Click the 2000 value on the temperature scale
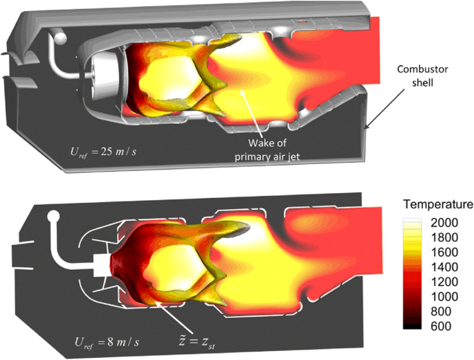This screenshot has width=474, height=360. point(444,223)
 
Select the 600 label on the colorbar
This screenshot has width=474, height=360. point(441,326)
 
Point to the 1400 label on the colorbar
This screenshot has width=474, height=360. point(444,267)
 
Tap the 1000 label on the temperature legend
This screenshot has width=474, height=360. point(444,296)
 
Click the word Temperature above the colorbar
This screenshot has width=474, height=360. point(438,204)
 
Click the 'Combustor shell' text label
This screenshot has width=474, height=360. point(422,75)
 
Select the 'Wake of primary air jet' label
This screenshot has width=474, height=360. point(267,150)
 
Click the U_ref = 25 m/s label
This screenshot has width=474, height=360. point(103,151)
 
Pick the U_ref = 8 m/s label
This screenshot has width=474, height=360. point(107,342)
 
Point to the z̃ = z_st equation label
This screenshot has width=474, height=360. point(197,343)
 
